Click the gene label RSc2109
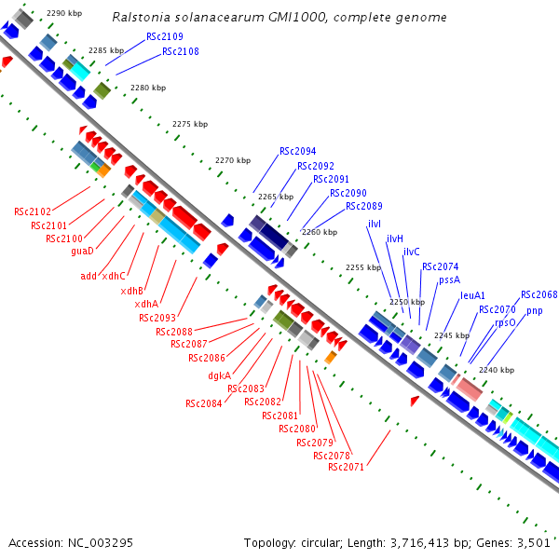165,36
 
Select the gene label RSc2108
181,52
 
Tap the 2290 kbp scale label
64,13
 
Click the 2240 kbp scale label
497,370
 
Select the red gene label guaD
83,252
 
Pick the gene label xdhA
146,304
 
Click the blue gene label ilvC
411,252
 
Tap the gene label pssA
450,279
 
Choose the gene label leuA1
472,295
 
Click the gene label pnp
534,310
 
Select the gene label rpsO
505,322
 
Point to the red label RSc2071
346,467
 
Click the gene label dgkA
220,376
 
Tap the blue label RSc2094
297,151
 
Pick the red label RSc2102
33,211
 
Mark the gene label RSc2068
539,295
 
